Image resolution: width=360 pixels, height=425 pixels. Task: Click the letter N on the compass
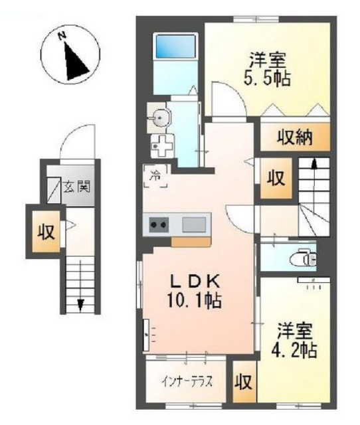pyautogui.click(x=62, y=35)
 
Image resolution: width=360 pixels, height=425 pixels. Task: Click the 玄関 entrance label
pyautogui.click(x=77, y=186)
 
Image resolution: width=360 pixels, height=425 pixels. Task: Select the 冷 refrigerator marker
pyautogui.click(x=155, y=175)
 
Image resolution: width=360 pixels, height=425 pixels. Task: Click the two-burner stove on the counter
pyautogui.click(x=159, y=224)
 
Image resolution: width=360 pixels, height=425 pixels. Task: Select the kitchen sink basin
pyautogui.click(x=193, y=224)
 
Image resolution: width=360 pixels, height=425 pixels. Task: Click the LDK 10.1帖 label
pyautogui.click(x=195, y=291)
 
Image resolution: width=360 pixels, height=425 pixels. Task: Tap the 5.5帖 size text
pyautogui.click(x=267, y=78)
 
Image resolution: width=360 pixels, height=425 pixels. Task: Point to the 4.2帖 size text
pyautogui.click(x=294, y=349)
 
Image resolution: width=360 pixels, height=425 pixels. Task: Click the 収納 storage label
pyautogui.click(x=294, y=137)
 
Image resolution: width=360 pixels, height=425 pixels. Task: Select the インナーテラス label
pyautogui.click(x=187, y=382)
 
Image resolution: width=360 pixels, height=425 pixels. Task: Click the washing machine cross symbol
pyautogui.click(x=162, y=146)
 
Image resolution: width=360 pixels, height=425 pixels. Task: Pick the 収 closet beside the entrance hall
pyautogui.click(x=46, y=232)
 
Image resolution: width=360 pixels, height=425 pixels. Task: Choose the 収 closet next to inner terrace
pyautogui.click(x=244, y=382)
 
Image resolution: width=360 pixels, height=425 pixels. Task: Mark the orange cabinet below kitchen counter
pyautogui.click(x=191, y=242)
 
